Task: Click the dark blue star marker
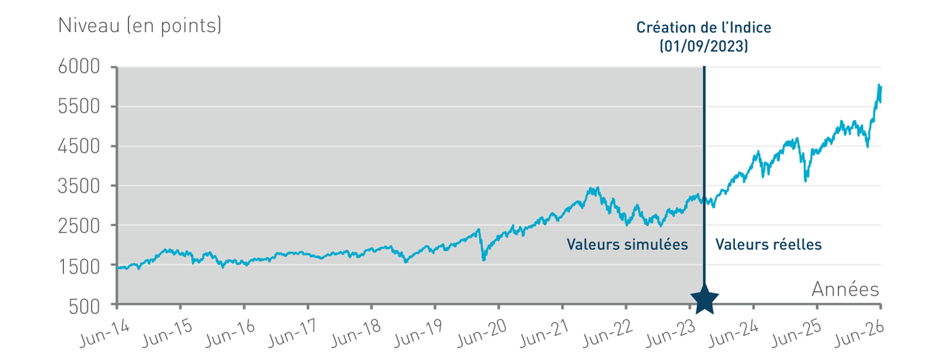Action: click(705, 299)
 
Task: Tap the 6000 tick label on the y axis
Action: click(79, 67)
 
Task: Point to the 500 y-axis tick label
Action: click(84, 307)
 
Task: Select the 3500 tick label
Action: click(79, 186)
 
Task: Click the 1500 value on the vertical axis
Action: click(79, 267)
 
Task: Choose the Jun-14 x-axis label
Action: click(104, 333)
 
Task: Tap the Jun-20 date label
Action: click(482, 333)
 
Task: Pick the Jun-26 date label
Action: click(859, 333)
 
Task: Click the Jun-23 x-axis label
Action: click(671, 333)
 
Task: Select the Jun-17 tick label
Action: click(293, 333)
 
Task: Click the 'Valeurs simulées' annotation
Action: click(628, 244)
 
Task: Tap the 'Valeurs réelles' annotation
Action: click(768, 244)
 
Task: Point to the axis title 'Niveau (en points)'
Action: click(140, 25)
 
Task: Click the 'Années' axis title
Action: click(845, 289)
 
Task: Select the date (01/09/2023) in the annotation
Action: click(704, 46)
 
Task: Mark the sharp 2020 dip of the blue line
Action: click(484, 259)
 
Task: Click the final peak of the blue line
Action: click(879, 85)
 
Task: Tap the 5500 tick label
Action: click(79, 107)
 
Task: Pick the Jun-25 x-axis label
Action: click(796, 333)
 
